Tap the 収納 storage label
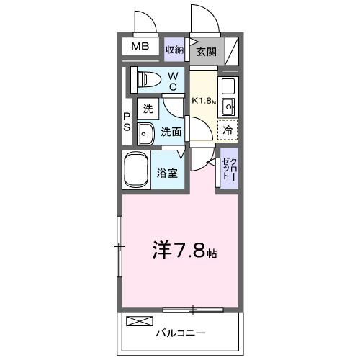click(175, 50)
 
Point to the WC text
click(173, 81)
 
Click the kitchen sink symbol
click(228, 108)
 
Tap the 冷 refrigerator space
click(228, 131)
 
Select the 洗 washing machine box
click(147, 110)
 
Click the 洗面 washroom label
click(171, 132)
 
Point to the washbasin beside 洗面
click(145, 132)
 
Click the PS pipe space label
click(126, 122)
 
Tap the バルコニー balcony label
click(181, 333)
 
